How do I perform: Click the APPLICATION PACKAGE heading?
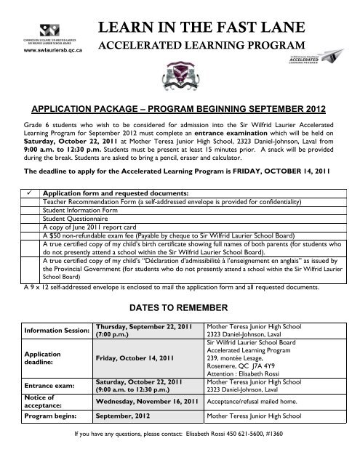coord(180,108)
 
